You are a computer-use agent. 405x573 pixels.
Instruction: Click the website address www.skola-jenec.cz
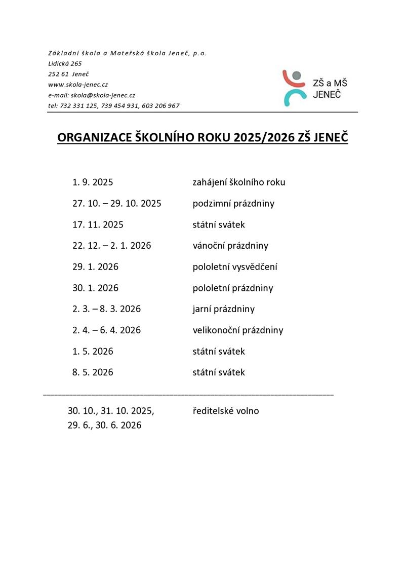(x=78, y=85)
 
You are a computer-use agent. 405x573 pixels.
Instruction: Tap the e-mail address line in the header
(x=91, y=95)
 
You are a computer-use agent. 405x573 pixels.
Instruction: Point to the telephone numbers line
(x=113, y=106)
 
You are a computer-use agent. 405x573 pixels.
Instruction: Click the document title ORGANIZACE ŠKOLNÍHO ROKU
(x=202, y=138)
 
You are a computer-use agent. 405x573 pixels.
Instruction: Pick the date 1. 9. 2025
(x=93, y=182)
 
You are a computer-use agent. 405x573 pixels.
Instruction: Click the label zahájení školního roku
(x=239, y=182)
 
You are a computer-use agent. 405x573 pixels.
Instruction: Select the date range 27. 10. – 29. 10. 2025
(x=116, y=203)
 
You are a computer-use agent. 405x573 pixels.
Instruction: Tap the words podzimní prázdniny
(x=233, y=203)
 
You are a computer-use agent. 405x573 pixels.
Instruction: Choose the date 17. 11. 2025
(x=98, y=224)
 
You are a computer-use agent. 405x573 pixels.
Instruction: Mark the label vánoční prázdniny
(x=230, y=246)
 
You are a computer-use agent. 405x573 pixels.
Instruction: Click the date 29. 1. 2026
(x=95, y=267)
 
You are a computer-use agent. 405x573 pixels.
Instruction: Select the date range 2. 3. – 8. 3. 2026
(x=106, y=309)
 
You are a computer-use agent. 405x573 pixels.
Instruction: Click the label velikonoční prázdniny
(x=238, y=330)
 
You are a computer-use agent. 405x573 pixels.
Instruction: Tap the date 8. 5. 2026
(x=93, y=372)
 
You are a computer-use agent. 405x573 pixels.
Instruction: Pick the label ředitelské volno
(x=226, y=411)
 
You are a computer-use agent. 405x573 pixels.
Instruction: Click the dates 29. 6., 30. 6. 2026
(x=104, y=426)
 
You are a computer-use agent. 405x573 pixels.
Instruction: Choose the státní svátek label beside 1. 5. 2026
(x=219, y=352)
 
